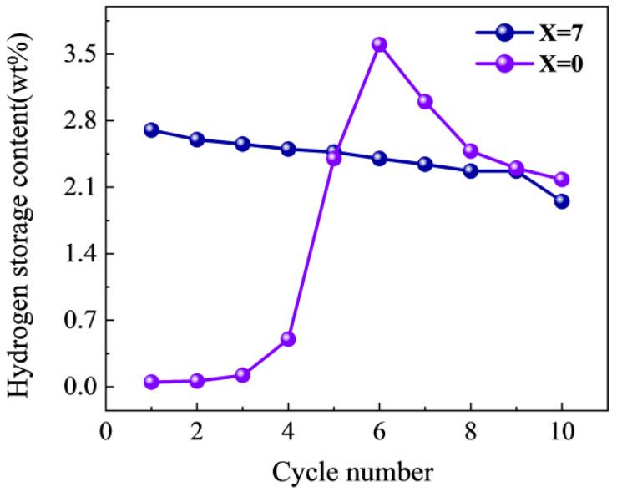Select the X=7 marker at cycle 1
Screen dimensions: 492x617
pyautogui.click(x=151, y=130)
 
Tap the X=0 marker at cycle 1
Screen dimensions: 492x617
pyautogui.click(x=151, y=382)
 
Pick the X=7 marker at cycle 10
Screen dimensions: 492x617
pyautogui.click(x=562, y=201)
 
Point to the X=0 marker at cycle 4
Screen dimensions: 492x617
pyautogui.click(x=288, y=339)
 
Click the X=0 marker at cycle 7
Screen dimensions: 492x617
pyautogui.click(x=425, y=101)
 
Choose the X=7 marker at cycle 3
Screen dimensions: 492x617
pyautogui.click(x=242, y=144)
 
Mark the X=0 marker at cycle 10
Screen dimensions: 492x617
pyautogui.click(x=562, y=180)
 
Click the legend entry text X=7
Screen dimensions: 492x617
pyautogui.click(x=561, y=33)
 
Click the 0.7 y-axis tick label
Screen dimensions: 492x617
pyautogui.click(x=73, y=321)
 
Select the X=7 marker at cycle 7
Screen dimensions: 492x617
pyautogui.click(x=425, y=165)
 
